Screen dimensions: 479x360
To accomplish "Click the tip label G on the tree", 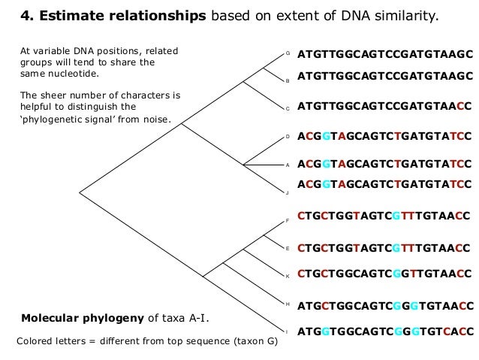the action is click(288, 53).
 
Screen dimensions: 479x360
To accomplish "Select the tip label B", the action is click(288, 80).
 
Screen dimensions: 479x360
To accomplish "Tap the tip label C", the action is click(288, 109).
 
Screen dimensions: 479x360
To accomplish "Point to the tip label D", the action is click(288, 137).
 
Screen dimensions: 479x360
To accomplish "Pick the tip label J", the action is click(288, 193).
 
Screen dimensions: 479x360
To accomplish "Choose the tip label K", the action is click(288, 276).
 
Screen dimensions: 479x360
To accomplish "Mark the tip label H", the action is click(288, 304).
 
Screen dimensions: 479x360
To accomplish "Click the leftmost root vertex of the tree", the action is click(80, 191).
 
